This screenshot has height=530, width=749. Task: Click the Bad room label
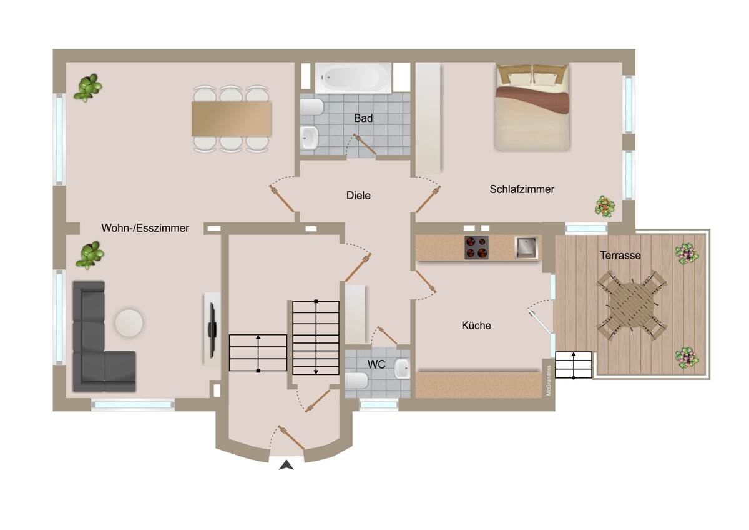click(363, 118)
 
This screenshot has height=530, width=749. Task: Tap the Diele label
click(358, 196)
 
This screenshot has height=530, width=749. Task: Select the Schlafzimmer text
click(522, 189)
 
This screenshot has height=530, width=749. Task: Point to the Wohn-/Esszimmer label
click(145, 228)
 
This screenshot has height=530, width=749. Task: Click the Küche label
click(476, 326)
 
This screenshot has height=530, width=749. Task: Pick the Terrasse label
click(620, 256)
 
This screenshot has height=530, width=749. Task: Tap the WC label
click(376, 364)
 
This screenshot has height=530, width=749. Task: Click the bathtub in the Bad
click(353, 78)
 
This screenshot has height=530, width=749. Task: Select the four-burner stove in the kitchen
click(476, 247)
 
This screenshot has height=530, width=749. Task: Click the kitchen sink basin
click(526, 247)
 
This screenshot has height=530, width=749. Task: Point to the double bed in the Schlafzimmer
click(532, 107)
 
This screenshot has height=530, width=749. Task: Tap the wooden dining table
click(231, 119)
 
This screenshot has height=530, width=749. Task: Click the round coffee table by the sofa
click(129, 323)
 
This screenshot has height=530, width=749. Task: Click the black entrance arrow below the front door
click(286, 466)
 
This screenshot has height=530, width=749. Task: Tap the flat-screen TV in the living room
click(212, 330)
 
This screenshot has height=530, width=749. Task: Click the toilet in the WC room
click(356, 381)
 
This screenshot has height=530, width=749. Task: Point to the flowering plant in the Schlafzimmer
click(605, 207)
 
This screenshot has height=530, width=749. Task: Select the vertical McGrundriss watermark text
click(549, 381)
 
